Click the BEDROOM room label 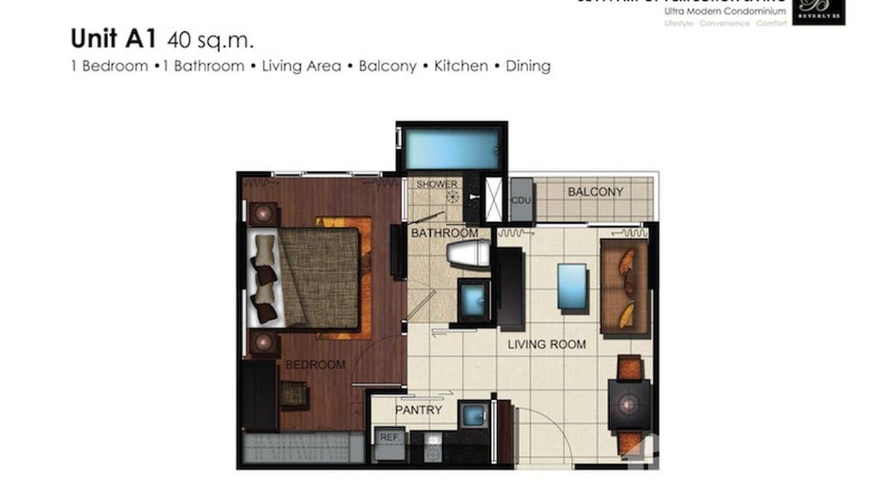[x=315, y=365]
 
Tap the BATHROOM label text [x=444, y=233]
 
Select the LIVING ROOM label [x=547, y=345]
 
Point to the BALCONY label [x=596, y=192]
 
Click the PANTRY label [x=418, y=410]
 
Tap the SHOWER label [x=437, y=184]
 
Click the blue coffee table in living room [x=572, y=286]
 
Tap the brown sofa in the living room [x=624, y=287]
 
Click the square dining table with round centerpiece [x=629, y=404]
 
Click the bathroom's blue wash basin [x=474, y=300]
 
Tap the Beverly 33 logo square [x=818, y=11]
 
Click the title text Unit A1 [x=113, y=39]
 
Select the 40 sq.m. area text [x=211, y=41]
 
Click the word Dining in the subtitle [x=528, y=66]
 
